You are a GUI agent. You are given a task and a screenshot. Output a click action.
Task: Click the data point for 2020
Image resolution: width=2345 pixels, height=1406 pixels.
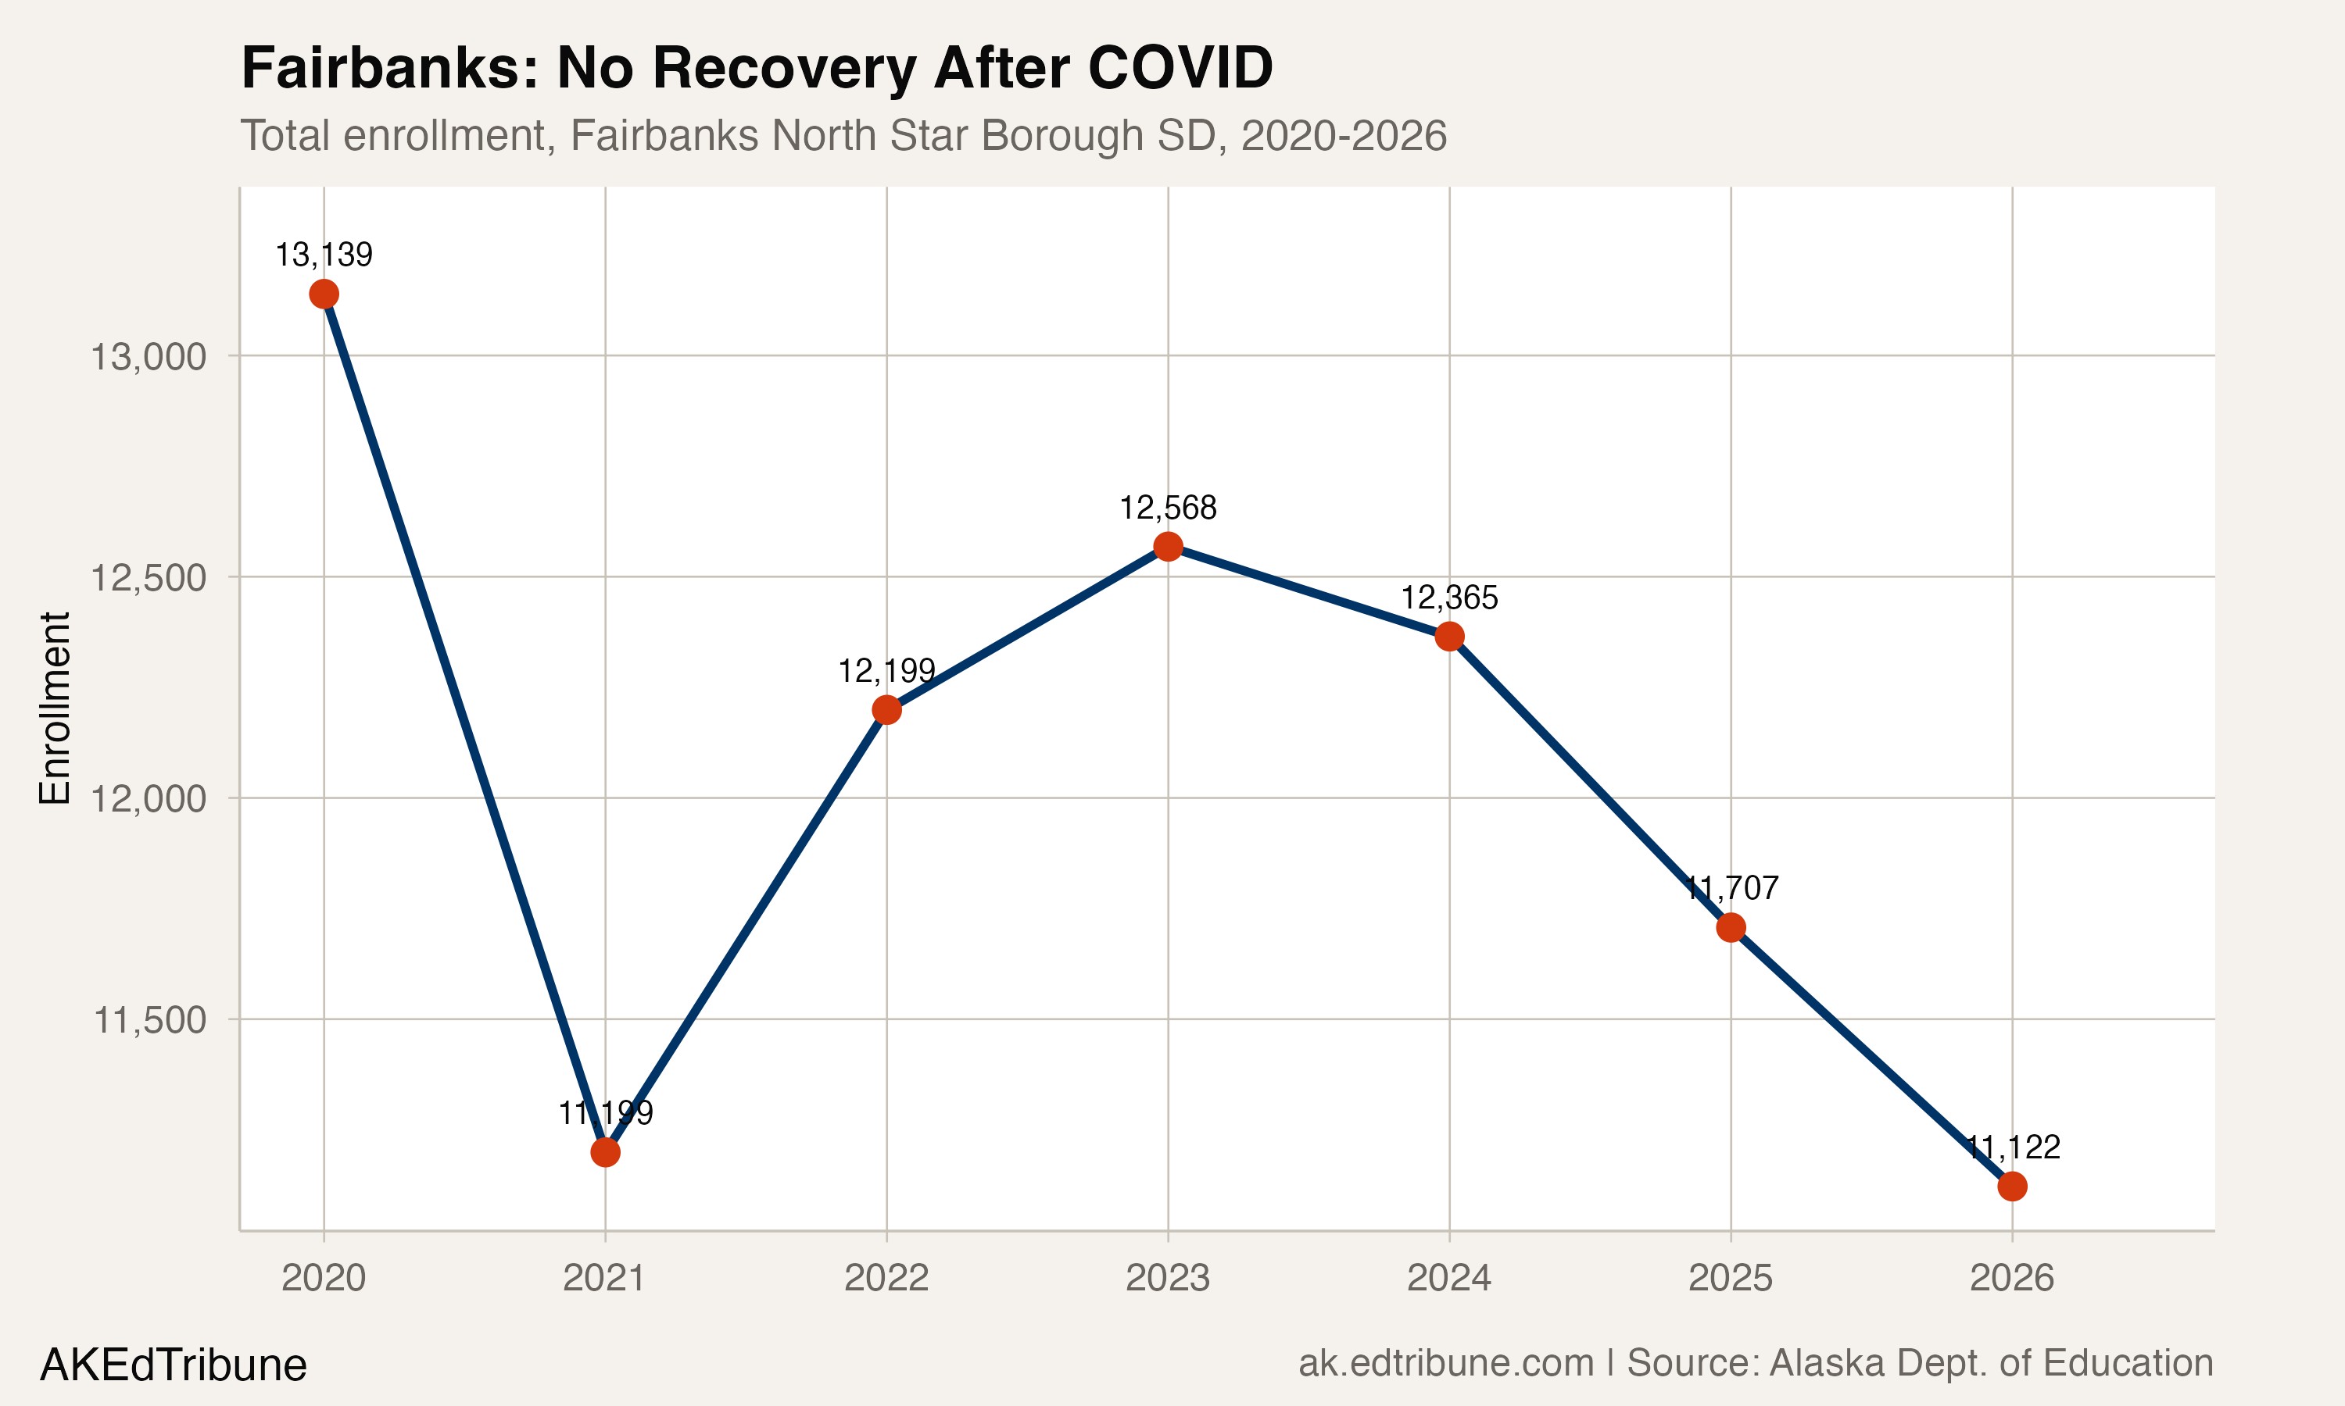pos(324,294)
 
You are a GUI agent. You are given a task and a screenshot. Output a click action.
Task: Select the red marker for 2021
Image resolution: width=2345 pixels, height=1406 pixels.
pos(605,1152)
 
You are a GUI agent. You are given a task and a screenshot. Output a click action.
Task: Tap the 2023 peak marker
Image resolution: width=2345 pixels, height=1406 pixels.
pos(1168,546)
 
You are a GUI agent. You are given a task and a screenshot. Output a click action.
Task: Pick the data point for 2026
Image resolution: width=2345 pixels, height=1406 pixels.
pos(2011,1187)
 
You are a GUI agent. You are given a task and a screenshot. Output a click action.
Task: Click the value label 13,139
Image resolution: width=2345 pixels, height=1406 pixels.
pos(324,254)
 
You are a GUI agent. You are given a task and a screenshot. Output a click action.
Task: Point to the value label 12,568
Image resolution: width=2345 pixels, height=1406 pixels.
pos(1168,508)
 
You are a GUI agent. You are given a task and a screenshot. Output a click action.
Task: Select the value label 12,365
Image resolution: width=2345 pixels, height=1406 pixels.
pos(1448,598)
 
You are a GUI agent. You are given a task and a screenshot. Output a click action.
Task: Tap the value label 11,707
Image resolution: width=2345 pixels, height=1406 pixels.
pos(1731,888)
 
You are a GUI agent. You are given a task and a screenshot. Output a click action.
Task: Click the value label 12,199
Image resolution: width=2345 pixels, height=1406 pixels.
pos(886,671)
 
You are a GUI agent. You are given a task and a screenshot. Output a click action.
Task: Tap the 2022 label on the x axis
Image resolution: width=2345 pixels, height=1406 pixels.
pos(886,1278)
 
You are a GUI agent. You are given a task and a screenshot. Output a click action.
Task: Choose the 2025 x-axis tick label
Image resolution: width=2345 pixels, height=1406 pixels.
pos(1730,1278)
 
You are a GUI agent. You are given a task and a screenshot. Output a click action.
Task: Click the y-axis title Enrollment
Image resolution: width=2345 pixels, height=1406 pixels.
pos(55,708)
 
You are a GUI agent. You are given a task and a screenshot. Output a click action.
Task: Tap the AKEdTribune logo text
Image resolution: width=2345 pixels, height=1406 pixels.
pos(173,1365)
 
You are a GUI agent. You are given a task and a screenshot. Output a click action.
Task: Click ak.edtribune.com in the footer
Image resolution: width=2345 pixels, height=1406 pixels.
pos(1445,1363)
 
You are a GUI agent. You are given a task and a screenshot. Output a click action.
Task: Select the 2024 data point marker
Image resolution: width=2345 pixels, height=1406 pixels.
pos(1448,636)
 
